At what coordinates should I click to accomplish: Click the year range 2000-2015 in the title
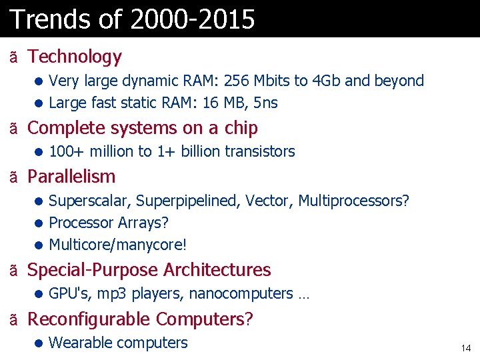(x=193, y=19)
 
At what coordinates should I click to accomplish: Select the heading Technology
(x=75, y=57)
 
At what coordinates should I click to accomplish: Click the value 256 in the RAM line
(x=237, y=81)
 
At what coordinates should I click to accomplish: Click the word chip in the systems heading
(x=241, y=127)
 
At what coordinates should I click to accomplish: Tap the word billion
(x=200, y=151)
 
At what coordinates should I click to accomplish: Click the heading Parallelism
(x=71, y=177)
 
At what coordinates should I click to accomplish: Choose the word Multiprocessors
(x=353, y=201)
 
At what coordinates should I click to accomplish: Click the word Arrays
(x=142, y=222)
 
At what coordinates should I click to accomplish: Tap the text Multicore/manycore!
(x=118, y=245)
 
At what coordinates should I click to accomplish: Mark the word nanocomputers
(x=241, y=293)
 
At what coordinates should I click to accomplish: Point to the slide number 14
(x=465, y=348)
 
